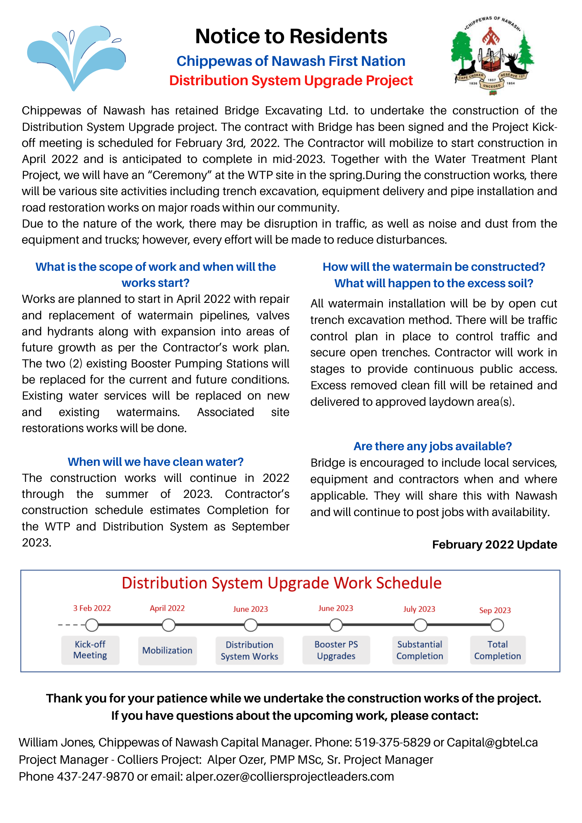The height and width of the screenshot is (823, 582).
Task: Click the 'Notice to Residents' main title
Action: click(x=291, y=36)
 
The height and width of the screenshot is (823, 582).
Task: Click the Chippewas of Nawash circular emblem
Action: click(x=492, y=56)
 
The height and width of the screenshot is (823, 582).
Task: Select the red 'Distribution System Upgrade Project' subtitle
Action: click(x=291, y=81)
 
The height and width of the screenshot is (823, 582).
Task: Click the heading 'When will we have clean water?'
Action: click(x=156, y=462)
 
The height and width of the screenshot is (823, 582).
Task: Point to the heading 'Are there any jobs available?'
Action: click(x=433, y=446)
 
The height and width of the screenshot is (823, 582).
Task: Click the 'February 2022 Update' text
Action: click(x=494, y=545)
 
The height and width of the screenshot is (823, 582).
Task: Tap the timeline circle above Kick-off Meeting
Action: click(x=92, y=625)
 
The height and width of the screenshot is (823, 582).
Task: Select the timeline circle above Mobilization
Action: click(x=168, y=625)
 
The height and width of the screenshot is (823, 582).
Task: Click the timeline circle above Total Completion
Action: click(x=497, y=625)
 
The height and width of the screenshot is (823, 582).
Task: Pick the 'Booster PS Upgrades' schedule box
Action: click(x=336, y=650)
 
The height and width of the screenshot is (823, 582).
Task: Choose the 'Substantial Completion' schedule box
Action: click(x=419, y=650)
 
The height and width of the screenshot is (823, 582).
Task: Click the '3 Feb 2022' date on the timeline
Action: click(x=92, y=608)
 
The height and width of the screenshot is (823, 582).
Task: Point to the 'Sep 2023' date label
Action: click(x=495, y=610)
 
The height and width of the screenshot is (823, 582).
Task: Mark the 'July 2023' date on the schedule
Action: click(x=419, y=609)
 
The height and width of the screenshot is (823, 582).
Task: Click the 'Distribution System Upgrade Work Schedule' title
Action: click(x=282, y=583)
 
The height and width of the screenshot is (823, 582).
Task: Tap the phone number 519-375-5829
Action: click(x=392, y=742)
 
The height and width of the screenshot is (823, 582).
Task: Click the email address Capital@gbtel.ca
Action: click(x=492, y=742)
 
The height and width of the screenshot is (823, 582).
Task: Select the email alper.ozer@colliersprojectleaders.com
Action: click(x=290, y=777)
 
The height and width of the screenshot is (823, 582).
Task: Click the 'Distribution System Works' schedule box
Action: click(x=249, y=651)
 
